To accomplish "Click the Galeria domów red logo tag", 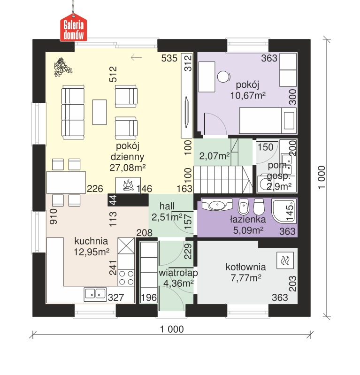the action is (x=73, y=28).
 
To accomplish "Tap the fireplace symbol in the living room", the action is (x=128, y=185).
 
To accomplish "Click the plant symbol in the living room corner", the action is (x=62, y=67).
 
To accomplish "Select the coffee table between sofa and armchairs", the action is (x=100, y=112).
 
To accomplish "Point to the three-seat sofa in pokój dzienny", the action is (x=73, y=112).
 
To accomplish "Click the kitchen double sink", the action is (x=95, y=294).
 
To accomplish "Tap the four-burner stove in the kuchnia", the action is (x=127, y=278).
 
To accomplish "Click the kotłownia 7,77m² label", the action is (x=245, y=272).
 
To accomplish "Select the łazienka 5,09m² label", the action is (x=248, y=225).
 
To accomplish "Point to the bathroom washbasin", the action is (x=217, y=205).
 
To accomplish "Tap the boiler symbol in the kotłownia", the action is (x=285, y=260).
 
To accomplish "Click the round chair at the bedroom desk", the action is (x=224, y=77).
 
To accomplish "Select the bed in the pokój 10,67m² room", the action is (x=268, y=121).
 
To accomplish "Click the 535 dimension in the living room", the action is (x=169, y=58).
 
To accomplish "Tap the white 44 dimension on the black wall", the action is (x=113, y=199).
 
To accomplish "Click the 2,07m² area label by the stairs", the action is (x=214, y=156).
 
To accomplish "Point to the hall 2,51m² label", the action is (x=167, y=212).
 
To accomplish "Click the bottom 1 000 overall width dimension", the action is (x=172, y=329).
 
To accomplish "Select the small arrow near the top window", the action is (x=136, y=57).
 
